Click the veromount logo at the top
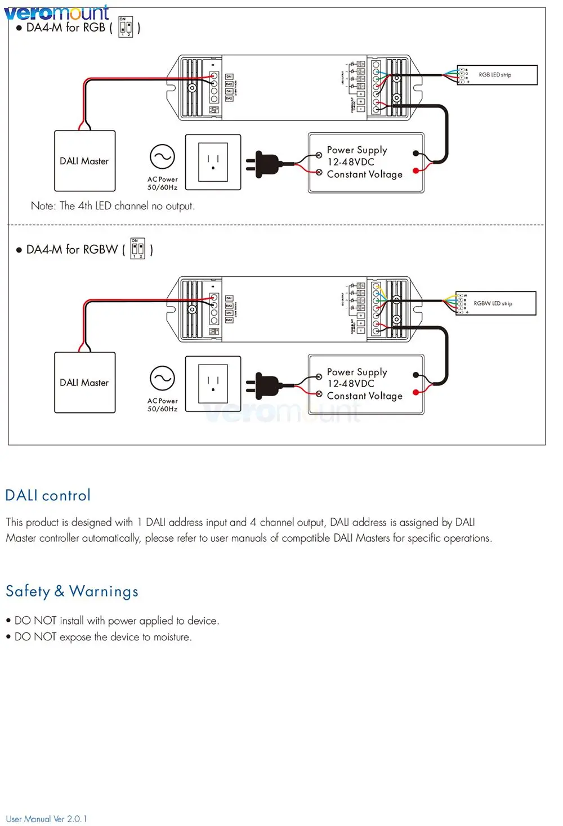pos(56,12)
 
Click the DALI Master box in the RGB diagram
pos(84,161)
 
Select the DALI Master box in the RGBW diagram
pos(84,383)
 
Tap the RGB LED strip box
pos(497,75)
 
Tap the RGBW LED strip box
pos(495,303)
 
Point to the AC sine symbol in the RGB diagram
pos(162,157)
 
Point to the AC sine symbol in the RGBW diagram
pos(162,379)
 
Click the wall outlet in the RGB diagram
pos(213,162)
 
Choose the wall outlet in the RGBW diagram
pos(213,384)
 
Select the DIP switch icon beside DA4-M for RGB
pos(126,27)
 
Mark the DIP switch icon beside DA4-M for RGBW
pos(138,249)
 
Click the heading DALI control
pos(48,495)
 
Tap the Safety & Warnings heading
pos(72,591)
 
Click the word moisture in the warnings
pos(172,637)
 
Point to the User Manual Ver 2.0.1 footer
pos(47,819)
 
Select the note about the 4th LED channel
pos(113,206)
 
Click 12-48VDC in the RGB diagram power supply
pos(351,162)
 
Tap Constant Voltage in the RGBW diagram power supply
pos(364,396)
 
